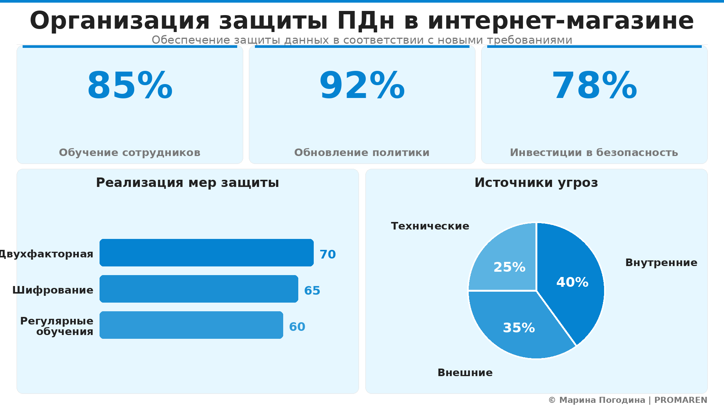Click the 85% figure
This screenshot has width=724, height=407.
click(130, 86)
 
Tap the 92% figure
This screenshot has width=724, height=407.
click(362, 86)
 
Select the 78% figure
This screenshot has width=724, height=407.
click(594, 86)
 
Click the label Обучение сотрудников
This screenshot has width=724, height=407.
click(130, 153)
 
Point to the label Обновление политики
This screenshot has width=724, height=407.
click(362, 153)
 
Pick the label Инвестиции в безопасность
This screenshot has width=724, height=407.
click(594, 153)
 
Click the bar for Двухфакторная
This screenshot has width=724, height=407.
click(206, 252)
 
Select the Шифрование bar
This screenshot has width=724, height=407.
click(199, 289)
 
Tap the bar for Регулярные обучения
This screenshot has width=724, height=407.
click(191, 325)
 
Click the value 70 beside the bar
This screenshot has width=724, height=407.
click(328, 254)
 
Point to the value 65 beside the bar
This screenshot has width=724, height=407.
click(312, 291)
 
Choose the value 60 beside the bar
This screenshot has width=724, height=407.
click(297, 327)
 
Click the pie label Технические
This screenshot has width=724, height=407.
click(430, 226)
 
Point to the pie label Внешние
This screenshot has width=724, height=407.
click(465, 373)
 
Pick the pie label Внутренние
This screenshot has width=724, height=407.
click(661, 263)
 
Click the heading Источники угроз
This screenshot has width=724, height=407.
click(536, 183)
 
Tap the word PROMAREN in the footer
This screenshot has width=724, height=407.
click(681, 400)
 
